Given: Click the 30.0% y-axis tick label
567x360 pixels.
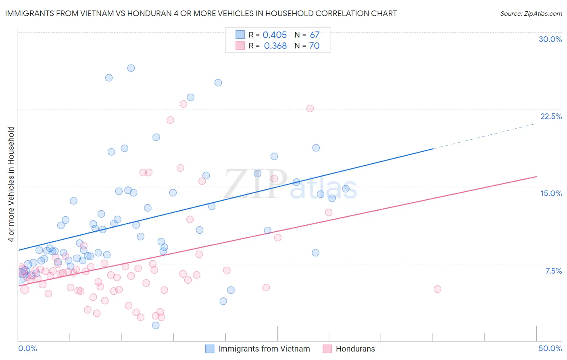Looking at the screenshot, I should [x=550, y=39].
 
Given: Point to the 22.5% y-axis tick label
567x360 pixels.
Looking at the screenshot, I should [x=551, y=116].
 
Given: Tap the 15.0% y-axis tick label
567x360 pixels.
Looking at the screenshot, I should [x=551, y=193].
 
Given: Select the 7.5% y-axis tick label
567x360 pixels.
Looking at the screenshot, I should [x=553, y=271].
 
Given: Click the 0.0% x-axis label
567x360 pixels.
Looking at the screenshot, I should [x=27, y=348].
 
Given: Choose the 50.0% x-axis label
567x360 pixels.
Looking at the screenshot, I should [x=550, y=348].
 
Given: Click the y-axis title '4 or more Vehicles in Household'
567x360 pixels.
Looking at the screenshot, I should [x=11, y=184].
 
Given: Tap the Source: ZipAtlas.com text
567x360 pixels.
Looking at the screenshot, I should [x=531, y=13].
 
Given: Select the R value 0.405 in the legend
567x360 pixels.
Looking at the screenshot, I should [x=275, y=35].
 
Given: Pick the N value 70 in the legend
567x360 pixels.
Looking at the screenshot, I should [x=314, y=46].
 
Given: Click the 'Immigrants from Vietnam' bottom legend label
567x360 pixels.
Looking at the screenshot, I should [x=264, y=349].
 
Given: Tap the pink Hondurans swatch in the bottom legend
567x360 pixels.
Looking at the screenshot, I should [x=327, y=349].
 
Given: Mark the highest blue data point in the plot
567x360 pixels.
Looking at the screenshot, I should [x=131, y=68].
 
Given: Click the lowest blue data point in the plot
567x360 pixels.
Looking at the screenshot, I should [x=156, y=325].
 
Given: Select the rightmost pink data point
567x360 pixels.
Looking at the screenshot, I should [x=438, y=289].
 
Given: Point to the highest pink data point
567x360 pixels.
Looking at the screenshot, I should [x=183, y=104].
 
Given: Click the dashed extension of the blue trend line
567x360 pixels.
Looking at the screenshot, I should [x=484, y=136].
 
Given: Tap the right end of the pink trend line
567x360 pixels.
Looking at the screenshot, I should [x=536, y=176].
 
